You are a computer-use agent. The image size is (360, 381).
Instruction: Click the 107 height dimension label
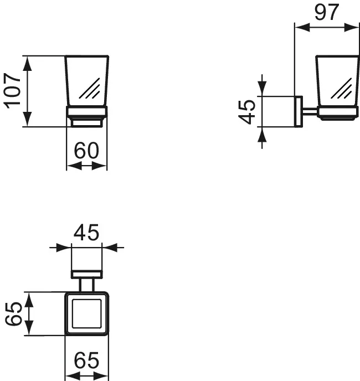pyautogui.click(x=12, y=91)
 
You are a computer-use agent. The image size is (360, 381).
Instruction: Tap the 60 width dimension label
pyautogui.click(x=86, y=151)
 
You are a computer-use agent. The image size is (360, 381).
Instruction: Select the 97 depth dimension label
pyautogui.click(x=326, y=12)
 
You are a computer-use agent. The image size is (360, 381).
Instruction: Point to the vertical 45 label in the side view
pyautogui.click(x=246, y=112)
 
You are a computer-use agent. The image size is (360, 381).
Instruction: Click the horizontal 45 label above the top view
pyautogui.click(x=86, y=232)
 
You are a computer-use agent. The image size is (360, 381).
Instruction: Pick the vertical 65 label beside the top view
pyautogui.click(x=14, y=313)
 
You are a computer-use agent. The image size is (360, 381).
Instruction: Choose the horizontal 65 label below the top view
pyautogui.click(x=86, y=361)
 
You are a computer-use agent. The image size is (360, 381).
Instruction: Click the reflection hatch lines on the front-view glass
pyautogui.click(x=90, y=89)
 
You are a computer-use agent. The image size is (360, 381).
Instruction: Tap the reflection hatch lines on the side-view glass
pyautogui.click(x=342, y=89)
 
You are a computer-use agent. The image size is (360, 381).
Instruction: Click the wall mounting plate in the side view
pyautogui.click(x=299, y=111)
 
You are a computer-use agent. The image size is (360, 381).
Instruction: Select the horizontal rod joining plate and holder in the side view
pyautogui.click(x=310, y=111)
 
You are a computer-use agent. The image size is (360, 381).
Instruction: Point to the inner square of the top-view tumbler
pyautogui.click(x=87, y=313)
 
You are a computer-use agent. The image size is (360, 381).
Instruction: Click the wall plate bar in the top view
pyautogui.click(x=87, y=274)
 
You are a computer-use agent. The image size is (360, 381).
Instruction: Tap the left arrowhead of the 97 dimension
pyautogui.click(x=302, y=27)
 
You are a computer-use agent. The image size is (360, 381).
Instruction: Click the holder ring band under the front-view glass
pyautogui.click(x=87, y=112)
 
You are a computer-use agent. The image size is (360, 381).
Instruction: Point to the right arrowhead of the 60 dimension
pyautogui.click(x=100, y=167)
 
